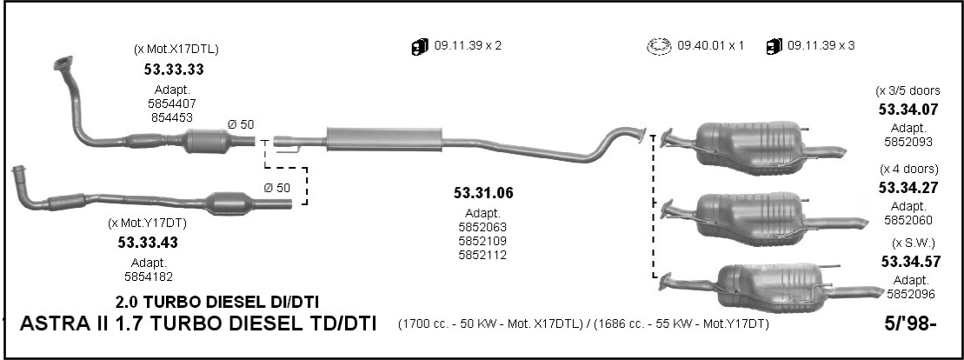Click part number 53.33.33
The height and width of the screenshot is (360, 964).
pyautogui.click(x=174, y=70)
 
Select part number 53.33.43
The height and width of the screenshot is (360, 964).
pyautogui.click(x=148, y=243)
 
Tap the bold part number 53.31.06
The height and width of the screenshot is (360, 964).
pyautogui.click(x=483, y=193)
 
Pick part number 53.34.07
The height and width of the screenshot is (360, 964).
pyautogui.click(x=908, y=110)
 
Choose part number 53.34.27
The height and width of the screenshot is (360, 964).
pyautogui.click(x=908, y=188)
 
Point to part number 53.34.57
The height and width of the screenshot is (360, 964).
pyautogui.click(x=910, y=262)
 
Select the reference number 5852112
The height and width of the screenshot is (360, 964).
pyautogui.click(x=482, y=255)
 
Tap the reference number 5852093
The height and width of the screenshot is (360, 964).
pyautogui.click(x=908, y=142)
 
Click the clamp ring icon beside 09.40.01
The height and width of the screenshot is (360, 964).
pyautogui.click(x=658, y=46)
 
